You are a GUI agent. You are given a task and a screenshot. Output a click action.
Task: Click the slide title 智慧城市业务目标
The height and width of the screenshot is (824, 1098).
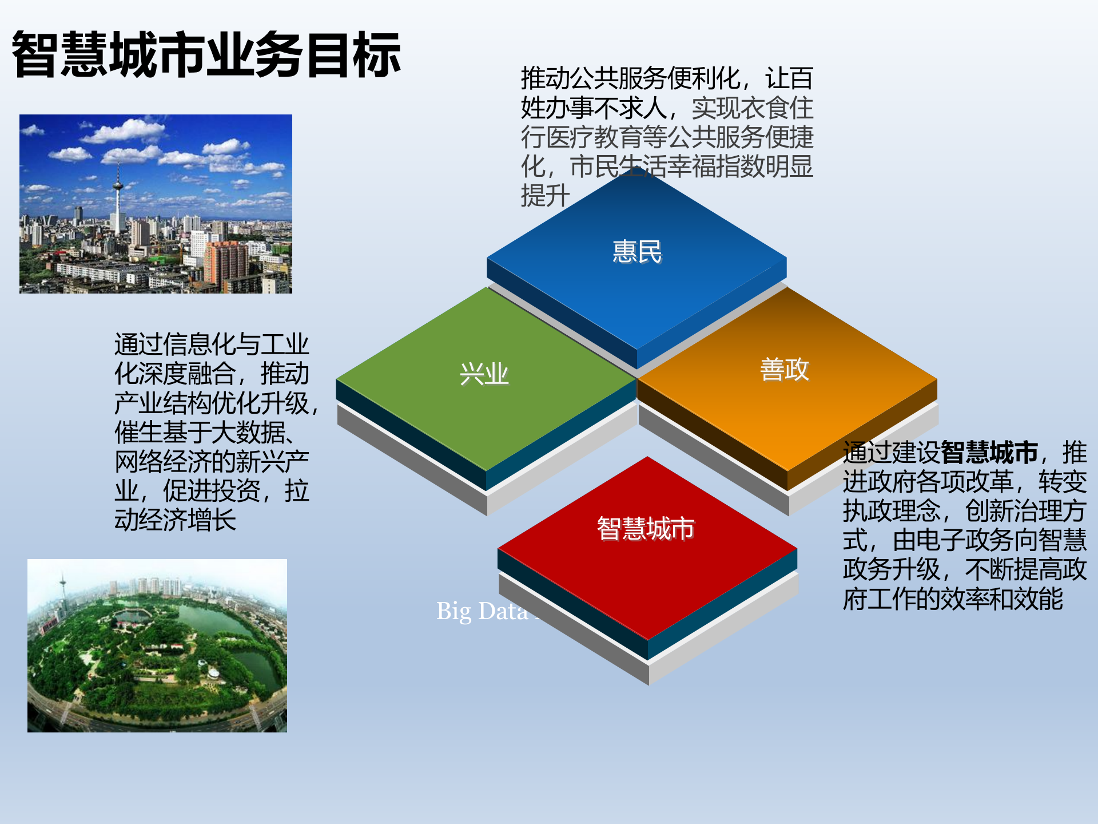206,55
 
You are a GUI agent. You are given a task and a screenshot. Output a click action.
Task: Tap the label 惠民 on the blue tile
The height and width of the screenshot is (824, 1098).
636,252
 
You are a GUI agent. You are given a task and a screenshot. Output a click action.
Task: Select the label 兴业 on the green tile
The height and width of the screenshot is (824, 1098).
484,374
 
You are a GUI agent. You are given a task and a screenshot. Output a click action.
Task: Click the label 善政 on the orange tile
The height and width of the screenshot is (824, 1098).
784,369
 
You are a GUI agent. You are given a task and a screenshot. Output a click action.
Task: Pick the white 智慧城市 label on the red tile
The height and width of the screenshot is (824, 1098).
645,528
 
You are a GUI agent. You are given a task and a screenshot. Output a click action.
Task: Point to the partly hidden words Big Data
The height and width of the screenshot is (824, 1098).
482,611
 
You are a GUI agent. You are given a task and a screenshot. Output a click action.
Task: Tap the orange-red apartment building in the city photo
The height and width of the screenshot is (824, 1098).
225,263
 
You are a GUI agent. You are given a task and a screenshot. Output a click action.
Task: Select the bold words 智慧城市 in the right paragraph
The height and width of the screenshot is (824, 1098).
989,453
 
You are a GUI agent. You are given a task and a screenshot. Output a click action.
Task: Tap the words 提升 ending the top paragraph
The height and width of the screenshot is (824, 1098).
544,196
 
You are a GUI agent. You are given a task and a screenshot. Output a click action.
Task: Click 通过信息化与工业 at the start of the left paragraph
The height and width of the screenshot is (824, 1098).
211,344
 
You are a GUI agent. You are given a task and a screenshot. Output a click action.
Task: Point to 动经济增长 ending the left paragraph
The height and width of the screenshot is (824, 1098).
175,520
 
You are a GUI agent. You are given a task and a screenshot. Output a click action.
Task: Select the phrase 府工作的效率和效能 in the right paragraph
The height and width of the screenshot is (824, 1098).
953,599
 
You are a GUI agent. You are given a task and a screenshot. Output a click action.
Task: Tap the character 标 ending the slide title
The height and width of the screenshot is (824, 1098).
376,55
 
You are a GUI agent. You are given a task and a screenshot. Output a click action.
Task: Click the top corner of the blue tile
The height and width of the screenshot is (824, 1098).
636,167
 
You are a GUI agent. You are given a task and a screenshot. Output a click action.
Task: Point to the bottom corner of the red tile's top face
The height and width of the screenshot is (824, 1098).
647,640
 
